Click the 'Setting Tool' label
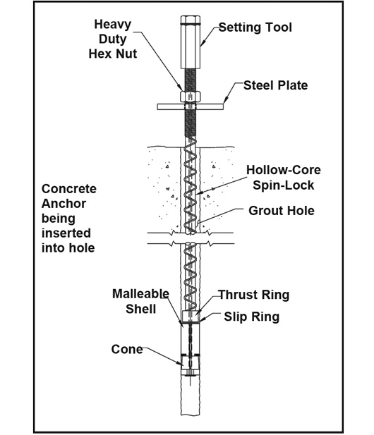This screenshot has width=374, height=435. click(x=255, y=27)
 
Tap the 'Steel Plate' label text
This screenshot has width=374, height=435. click(x=275, y=85)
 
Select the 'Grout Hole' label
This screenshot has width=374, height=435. click(x=282, y=211)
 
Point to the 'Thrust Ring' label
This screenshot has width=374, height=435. click(x=253, y=295)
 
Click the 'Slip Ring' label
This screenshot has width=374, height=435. click(x=251, y=317)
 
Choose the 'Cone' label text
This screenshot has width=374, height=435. click(x=127, y=349)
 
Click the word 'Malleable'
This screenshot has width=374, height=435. click(x=140, y=293)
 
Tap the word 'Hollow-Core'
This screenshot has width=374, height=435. click(x=284, y=170)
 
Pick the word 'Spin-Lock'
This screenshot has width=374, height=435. click(x=283, y=185)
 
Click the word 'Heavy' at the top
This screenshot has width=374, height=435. click(x=112, y=25)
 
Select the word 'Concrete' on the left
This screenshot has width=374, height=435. click(x=69, y=189)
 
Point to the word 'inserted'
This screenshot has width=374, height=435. click(x=66, y=233)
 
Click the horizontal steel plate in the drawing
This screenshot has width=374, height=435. click(x=191, y=106)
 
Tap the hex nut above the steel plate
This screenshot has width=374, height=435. click(x=191, y=97)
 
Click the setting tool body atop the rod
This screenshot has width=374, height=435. click(x=191, y=42)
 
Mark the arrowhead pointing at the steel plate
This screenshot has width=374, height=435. click(x=225, y=100)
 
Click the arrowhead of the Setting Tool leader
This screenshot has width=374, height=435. click(x=203, y=43)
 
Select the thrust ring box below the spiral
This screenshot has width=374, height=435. click(x=191, y=317)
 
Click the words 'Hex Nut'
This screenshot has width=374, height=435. click(x=112, y=54)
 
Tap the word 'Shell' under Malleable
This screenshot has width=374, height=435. click(x=140, y=309)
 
